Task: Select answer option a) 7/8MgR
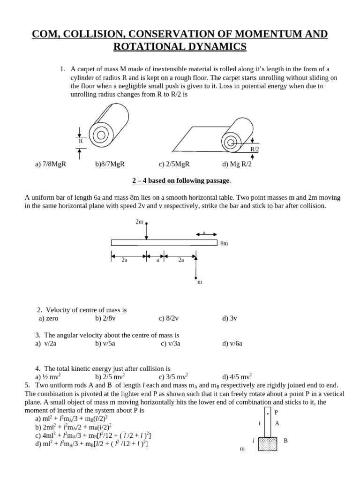click(x=51, y=164)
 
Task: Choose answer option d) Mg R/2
click(x=237, y=164)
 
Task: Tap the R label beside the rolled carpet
click(x=80, y=141)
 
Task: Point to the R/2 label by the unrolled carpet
click(x=255, y=149)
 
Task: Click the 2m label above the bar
click(x=139, y=221)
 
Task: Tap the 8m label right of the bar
click(x=224, y=244)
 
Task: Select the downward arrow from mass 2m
click(x=147, y=231)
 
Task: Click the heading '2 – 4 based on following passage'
click(x=180, y=180)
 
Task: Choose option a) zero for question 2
click(x=49, y=318)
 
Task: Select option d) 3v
click(x=230, y=318)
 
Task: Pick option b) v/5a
click(x=105, y=343)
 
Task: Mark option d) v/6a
click(x=232, y=343)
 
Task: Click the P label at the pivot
click(x=276, y=412)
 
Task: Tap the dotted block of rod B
click(x=268, y=443)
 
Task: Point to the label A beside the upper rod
click(x=277, y=423)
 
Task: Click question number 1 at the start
click(x=62, y=69)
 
